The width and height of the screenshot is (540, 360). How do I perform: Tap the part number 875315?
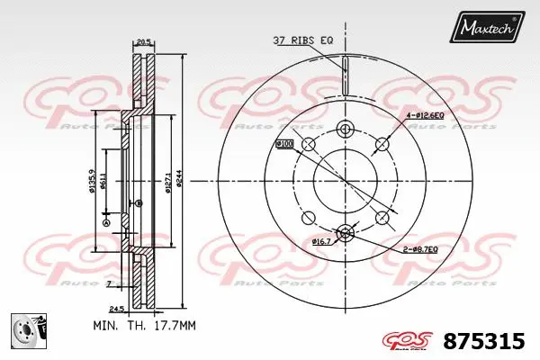coord(484,342)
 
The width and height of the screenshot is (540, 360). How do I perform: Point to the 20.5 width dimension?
coord(142,40)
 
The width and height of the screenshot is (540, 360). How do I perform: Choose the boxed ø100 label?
coord(284,144)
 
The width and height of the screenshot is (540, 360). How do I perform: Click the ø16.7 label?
coord(322,242)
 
